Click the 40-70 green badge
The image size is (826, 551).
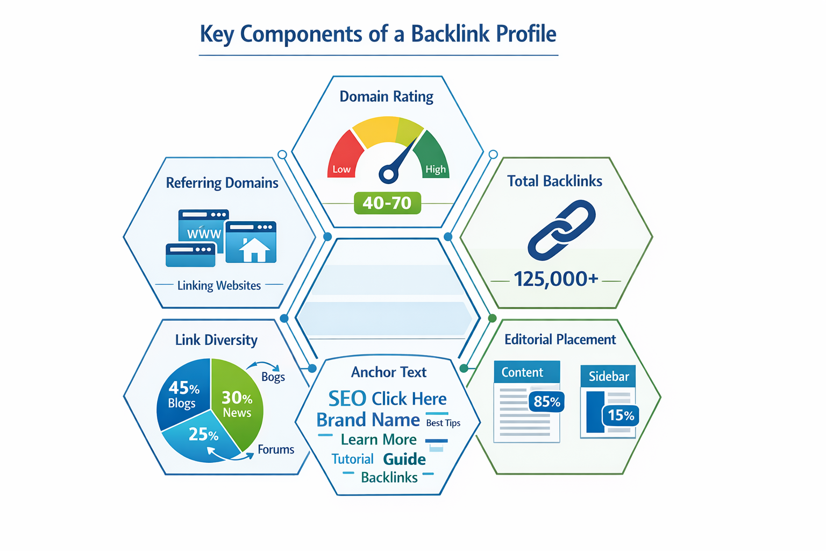pyautogui.click(x=387, y=203)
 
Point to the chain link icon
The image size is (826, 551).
pyautogui.click(x=561, y=230)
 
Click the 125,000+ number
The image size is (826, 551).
pyautogui.click(x=556, y=279)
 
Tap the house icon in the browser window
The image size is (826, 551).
pyautogui.click(x=253, y=249)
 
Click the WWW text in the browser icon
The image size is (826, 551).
pyautogui.click(x=204, y=234)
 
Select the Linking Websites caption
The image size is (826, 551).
pyautogui.click(x=219, y=286)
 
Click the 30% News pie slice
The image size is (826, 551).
pyautogui.click(x=237, y=404)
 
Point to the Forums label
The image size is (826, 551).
pyautogui.click(x=276, y=450)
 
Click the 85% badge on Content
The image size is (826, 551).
pyautogui.click(x=547, y=402)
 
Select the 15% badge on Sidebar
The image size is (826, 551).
pyautogui.click(x=621, y=415)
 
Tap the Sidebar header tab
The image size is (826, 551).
pyautogui.click(x=608, y=376)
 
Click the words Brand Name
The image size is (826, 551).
pyautogui.click(x=368, y=420)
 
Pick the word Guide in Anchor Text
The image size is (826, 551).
pyautogui.click(x=404, y=459)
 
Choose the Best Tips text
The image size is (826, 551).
pyautogui.click(x=443, y=423)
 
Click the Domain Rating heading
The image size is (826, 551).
pyautogui.click(x=386, y=97)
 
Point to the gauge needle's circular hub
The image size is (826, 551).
pyautogui.click(x=388, y=174)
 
